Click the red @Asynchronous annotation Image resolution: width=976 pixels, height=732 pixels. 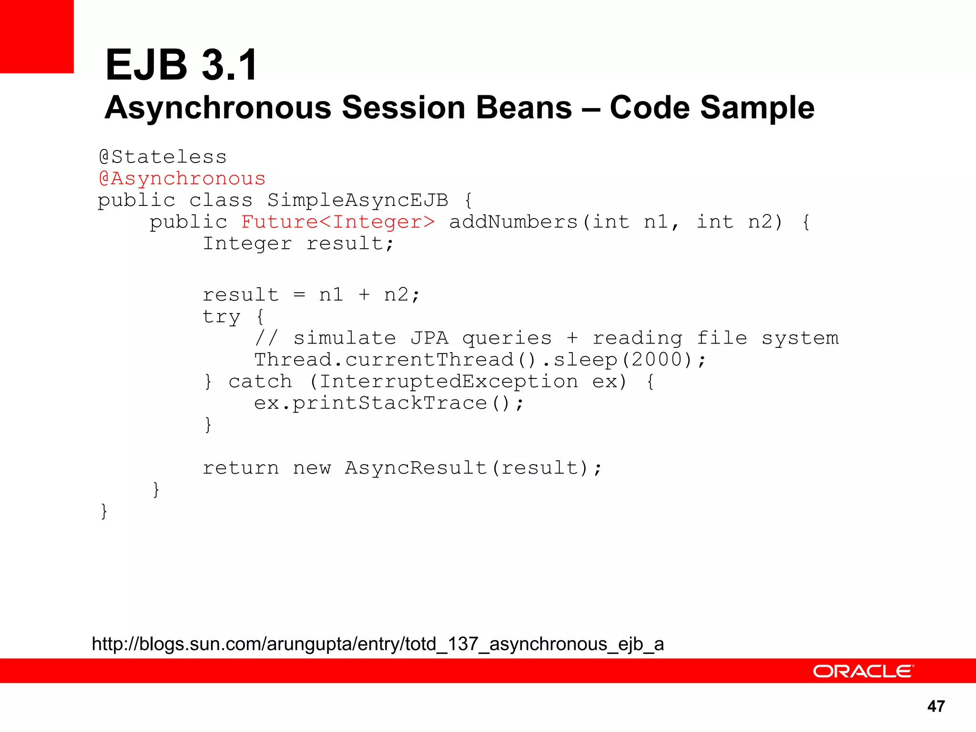182,179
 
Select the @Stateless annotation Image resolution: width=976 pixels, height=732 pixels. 163,157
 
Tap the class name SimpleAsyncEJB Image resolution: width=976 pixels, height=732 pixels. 357,200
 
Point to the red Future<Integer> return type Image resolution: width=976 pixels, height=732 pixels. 338,222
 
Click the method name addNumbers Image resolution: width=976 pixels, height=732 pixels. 513,222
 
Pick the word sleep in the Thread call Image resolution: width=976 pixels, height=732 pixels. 585,360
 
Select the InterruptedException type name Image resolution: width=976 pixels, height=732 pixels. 448,382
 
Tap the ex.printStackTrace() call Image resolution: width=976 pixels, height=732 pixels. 388,404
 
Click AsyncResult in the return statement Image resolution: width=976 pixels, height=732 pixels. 416,468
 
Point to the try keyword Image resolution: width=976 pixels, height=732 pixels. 222,317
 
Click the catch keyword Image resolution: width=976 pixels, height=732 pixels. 260,382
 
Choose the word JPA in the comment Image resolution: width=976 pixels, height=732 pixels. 429,338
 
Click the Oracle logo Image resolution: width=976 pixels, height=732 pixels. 863,671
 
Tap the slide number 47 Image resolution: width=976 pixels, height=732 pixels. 936,706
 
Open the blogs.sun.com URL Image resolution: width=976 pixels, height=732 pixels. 377,644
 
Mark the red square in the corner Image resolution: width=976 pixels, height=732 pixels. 37,36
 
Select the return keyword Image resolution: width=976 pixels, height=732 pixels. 241,468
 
